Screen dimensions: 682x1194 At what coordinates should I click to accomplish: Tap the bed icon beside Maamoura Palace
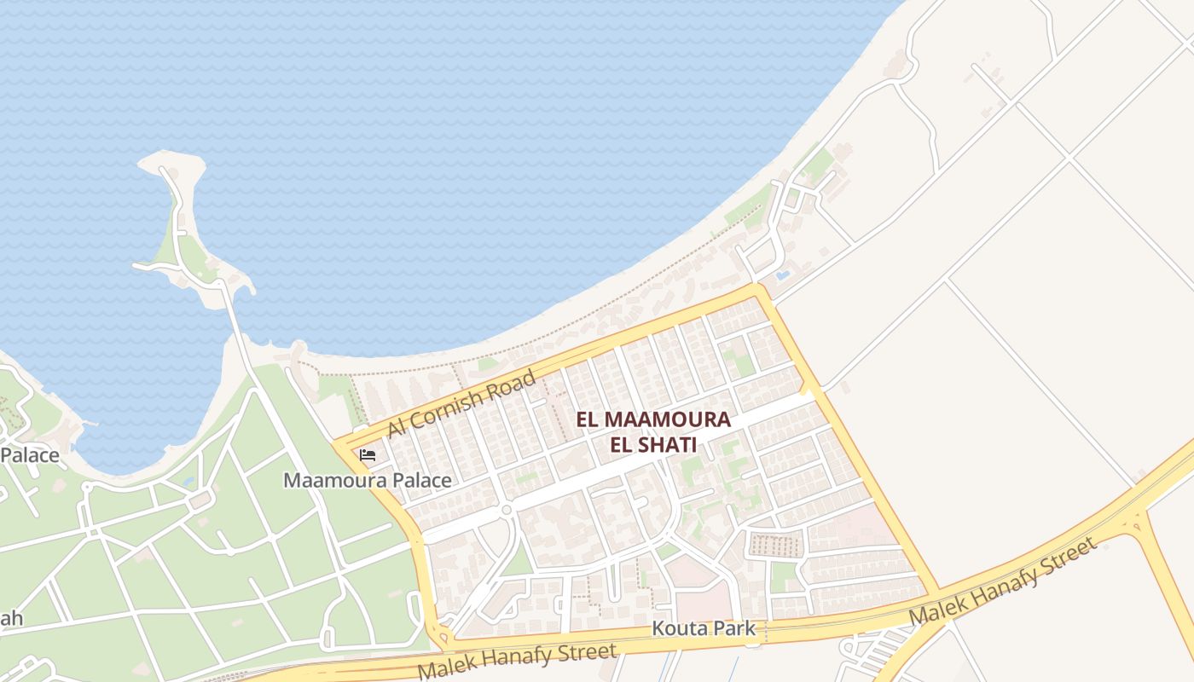pyautogui.click(x=368, y=455)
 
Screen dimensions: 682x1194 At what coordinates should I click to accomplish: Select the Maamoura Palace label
pyautogui.click(x=368, y=480)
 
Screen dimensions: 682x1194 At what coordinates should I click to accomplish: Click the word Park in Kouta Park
pyautogui.click(x=736, y=629)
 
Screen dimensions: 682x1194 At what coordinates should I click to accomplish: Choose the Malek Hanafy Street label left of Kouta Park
pyautogui.click(x=517, y=661)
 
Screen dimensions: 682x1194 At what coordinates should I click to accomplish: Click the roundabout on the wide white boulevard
pyautogui.click(x=506, y=510)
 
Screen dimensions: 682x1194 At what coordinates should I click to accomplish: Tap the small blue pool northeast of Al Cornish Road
pyautogui.click(x=782, y=275)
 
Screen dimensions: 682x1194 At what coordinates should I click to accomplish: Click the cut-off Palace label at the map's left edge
pyautogui.click(x=30, y=454)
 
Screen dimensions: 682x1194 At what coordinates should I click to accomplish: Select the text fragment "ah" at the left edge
pyautogui.click(x=11, y=618)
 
